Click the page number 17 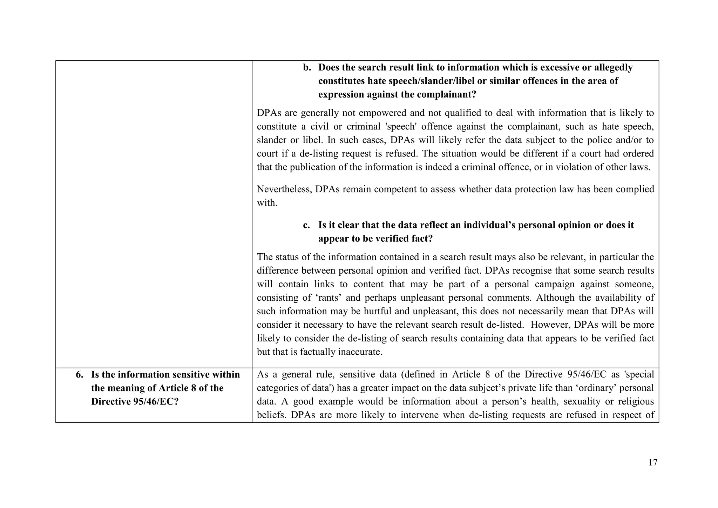click(653, 463)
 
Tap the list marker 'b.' click(307, 68)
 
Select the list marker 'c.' click(306, 225)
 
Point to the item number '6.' click(80, 375)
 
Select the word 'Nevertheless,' click(284, 189)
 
